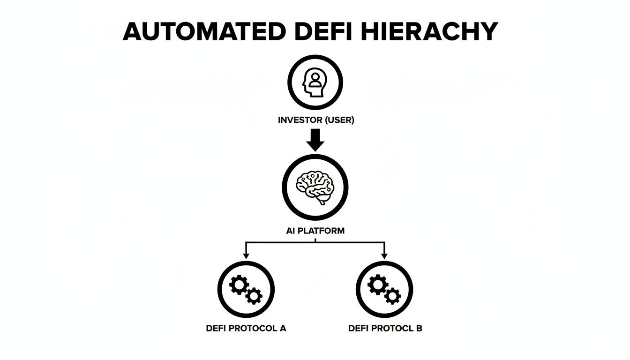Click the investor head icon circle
pyautogui.click(x=315, y=82)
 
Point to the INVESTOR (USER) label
pyautogui.click(x=315, y=120)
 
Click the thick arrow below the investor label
pyautogui.click(x=315, y=139)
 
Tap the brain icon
pyautogui.click(x=315, y=188)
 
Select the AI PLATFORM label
pyautogui.click(x=315, y=231)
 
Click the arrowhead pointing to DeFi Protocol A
pyautogui.click(x=246, y=255)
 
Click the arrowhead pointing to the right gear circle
pyautogui.click(x=384, y=255)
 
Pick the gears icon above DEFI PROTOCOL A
pyautogui.click(x=246, y=289)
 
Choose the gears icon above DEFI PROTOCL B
pyautogui.click(x=384, y=289)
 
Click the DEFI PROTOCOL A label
pyautogui.click(x=246, y=328)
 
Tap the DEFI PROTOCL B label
pyautogui.click(x=385, y=328)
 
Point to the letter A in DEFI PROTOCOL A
pyautogui.click(x=283, y=328)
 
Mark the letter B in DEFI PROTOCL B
pyautogui.click(x=419, y=328)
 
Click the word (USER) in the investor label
pyautogui.click(x=338, y=120)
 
